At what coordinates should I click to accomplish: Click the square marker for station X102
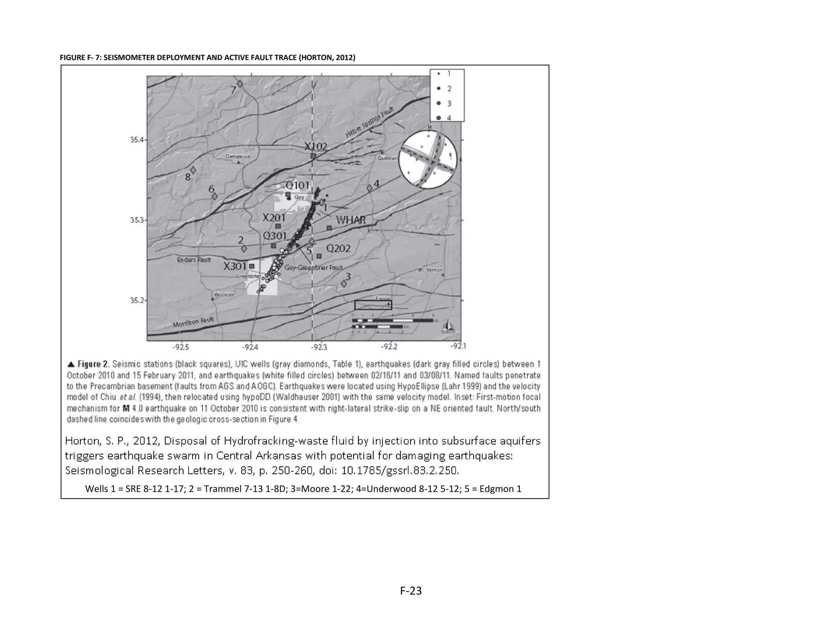313,156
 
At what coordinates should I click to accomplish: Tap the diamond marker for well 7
240,83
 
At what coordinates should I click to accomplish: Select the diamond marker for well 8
193,170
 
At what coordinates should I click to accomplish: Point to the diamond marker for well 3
344,283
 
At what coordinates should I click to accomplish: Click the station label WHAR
351,220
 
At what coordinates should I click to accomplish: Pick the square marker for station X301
252,266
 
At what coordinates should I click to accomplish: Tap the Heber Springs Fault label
370,122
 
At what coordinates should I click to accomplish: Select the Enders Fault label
194,260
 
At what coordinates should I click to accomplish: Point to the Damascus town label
238,156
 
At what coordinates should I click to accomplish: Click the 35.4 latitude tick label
136,140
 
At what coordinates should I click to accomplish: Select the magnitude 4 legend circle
439,118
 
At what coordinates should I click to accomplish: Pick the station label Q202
338,248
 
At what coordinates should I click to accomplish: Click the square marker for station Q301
274,246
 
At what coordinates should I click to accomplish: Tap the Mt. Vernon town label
430,270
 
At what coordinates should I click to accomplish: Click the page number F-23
411,590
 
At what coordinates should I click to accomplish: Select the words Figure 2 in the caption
93,364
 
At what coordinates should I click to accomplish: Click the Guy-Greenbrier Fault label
313,267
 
